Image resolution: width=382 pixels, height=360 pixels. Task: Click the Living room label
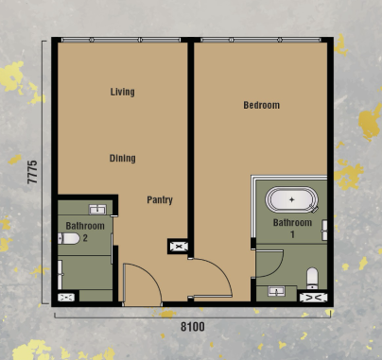point(122,92)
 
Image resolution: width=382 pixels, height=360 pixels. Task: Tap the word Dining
point(122,158)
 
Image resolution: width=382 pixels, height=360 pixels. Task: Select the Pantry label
point(159,200)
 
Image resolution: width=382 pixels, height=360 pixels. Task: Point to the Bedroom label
point(261,105)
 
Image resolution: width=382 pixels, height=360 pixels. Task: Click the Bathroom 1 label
point(291,228)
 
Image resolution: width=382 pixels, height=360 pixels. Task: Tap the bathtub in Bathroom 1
point(292,200)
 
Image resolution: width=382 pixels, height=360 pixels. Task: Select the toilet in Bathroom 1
point(312,277)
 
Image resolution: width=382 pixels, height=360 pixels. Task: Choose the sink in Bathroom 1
point(277,291)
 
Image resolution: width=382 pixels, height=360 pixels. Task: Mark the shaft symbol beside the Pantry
point(178,247)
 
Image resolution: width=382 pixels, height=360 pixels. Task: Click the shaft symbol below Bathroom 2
point(67,296)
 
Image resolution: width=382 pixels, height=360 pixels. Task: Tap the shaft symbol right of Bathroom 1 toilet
point(313,296)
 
